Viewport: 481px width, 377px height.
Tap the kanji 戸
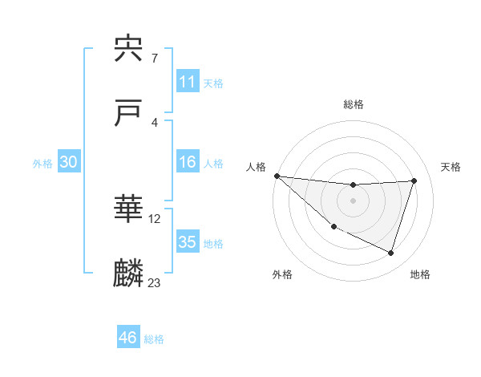129,113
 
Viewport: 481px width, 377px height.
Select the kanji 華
129,210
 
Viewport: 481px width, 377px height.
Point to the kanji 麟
129,274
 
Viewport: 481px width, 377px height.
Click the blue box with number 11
187,82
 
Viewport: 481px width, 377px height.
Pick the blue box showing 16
187,162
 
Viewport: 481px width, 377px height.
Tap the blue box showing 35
187,242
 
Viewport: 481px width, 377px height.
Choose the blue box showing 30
68,162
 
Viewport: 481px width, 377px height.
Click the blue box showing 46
127,338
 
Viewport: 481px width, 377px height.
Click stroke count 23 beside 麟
155,282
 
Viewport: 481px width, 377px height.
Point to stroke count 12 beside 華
155,218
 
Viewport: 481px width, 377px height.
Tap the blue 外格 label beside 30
42,163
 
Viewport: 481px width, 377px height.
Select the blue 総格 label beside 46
154,339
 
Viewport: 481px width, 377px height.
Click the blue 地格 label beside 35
213,244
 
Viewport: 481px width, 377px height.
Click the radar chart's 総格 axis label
354,104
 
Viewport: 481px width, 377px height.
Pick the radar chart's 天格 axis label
451,167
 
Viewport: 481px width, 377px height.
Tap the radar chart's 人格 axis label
256,167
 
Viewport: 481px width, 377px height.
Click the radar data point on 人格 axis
277,176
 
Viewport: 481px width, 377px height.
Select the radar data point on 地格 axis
391,253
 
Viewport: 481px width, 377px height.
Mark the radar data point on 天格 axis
414,180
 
